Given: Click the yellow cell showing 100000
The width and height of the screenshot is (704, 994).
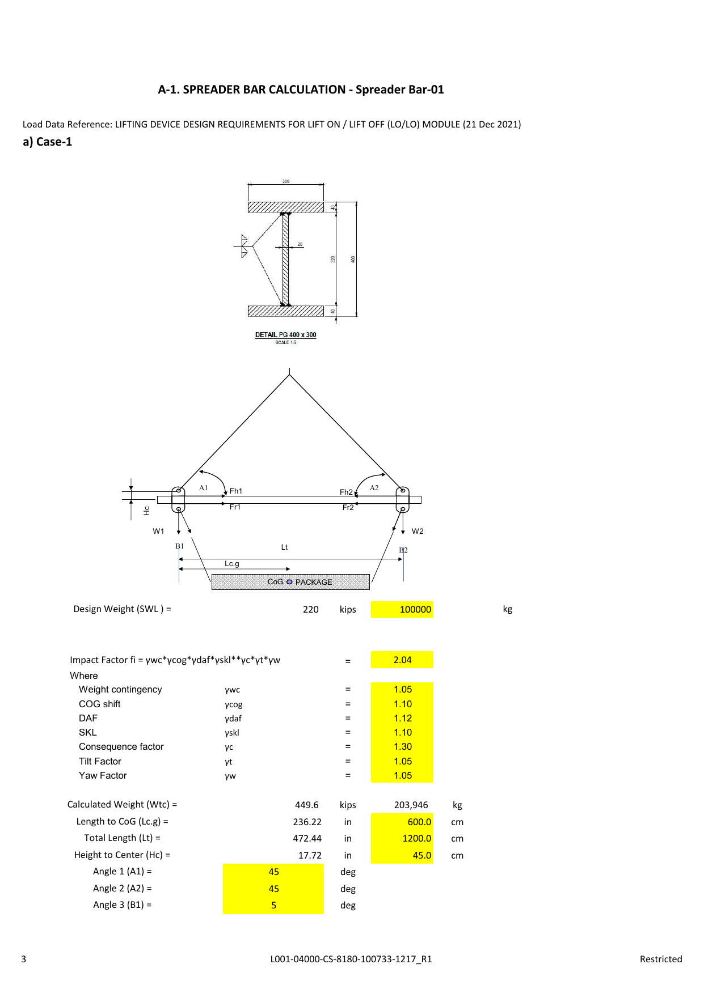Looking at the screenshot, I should [402, 609].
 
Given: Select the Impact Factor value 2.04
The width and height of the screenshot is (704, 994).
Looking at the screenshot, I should [402, 660].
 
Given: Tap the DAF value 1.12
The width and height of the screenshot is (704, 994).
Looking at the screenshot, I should [402, 718].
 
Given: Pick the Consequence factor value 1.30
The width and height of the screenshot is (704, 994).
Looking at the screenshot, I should [402, 746].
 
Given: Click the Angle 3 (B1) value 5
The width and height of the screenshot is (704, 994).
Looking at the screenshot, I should [273, 905].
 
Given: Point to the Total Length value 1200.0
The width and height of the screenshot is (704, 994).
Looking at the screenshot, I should [416, 838].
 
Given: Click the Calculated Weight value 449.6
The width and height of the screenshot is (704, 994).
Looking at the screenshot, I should [306, 805].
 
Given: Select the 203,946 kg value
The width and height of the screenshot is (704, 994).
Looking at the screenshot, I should [411, 805].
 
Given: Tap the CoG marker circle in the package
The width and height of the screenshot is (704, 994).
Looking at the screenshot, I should [289, 582].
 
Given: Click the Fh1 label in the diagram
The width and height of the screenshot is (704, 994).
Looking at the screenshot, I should [235, 491].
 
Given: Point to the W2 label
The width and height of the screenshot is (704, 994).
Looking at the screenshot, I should [418, 532].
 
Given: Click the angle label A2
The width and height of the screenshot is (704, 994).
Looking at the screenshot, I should [374, 488].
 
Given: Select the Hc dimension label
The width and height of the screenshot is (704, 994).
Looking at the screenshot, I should [146, 511].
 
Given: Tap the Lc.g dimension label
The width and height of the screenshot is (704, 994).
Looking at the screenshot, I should [231, 564].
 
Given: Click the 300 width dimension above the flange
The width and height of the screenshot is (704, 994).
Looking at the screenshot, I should [286, 181].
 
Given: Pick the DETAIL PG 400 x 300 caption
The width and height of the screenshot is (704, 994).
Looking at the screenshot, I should [285, 335].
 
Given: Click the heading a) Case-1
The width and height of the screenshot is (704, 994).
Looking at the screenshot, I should [47, 142].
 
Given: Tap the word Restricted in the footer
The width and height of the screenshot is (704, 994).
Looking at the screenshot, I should [660, 959].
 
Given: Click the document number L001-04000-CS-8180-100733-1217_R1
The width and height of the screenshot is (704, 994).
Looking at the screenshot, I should [351, 959].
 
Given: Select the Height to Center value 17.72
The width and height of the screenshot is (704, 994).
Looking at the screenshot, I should [310, 855].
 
